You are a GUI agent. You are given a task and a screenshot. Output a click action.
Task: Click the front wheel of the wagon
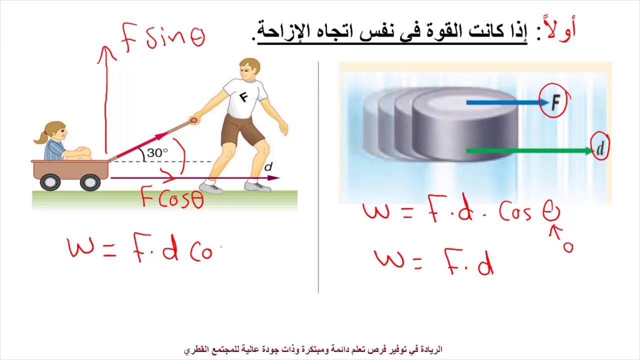90,182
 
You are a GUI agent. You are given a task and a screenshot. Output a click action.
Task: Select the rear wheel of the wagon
50,182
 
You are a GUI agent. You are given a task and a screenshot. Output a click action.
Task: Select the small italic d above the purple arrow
268,167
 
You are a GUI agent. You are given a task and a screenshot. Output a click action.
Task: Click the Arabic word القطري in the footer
196,349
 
